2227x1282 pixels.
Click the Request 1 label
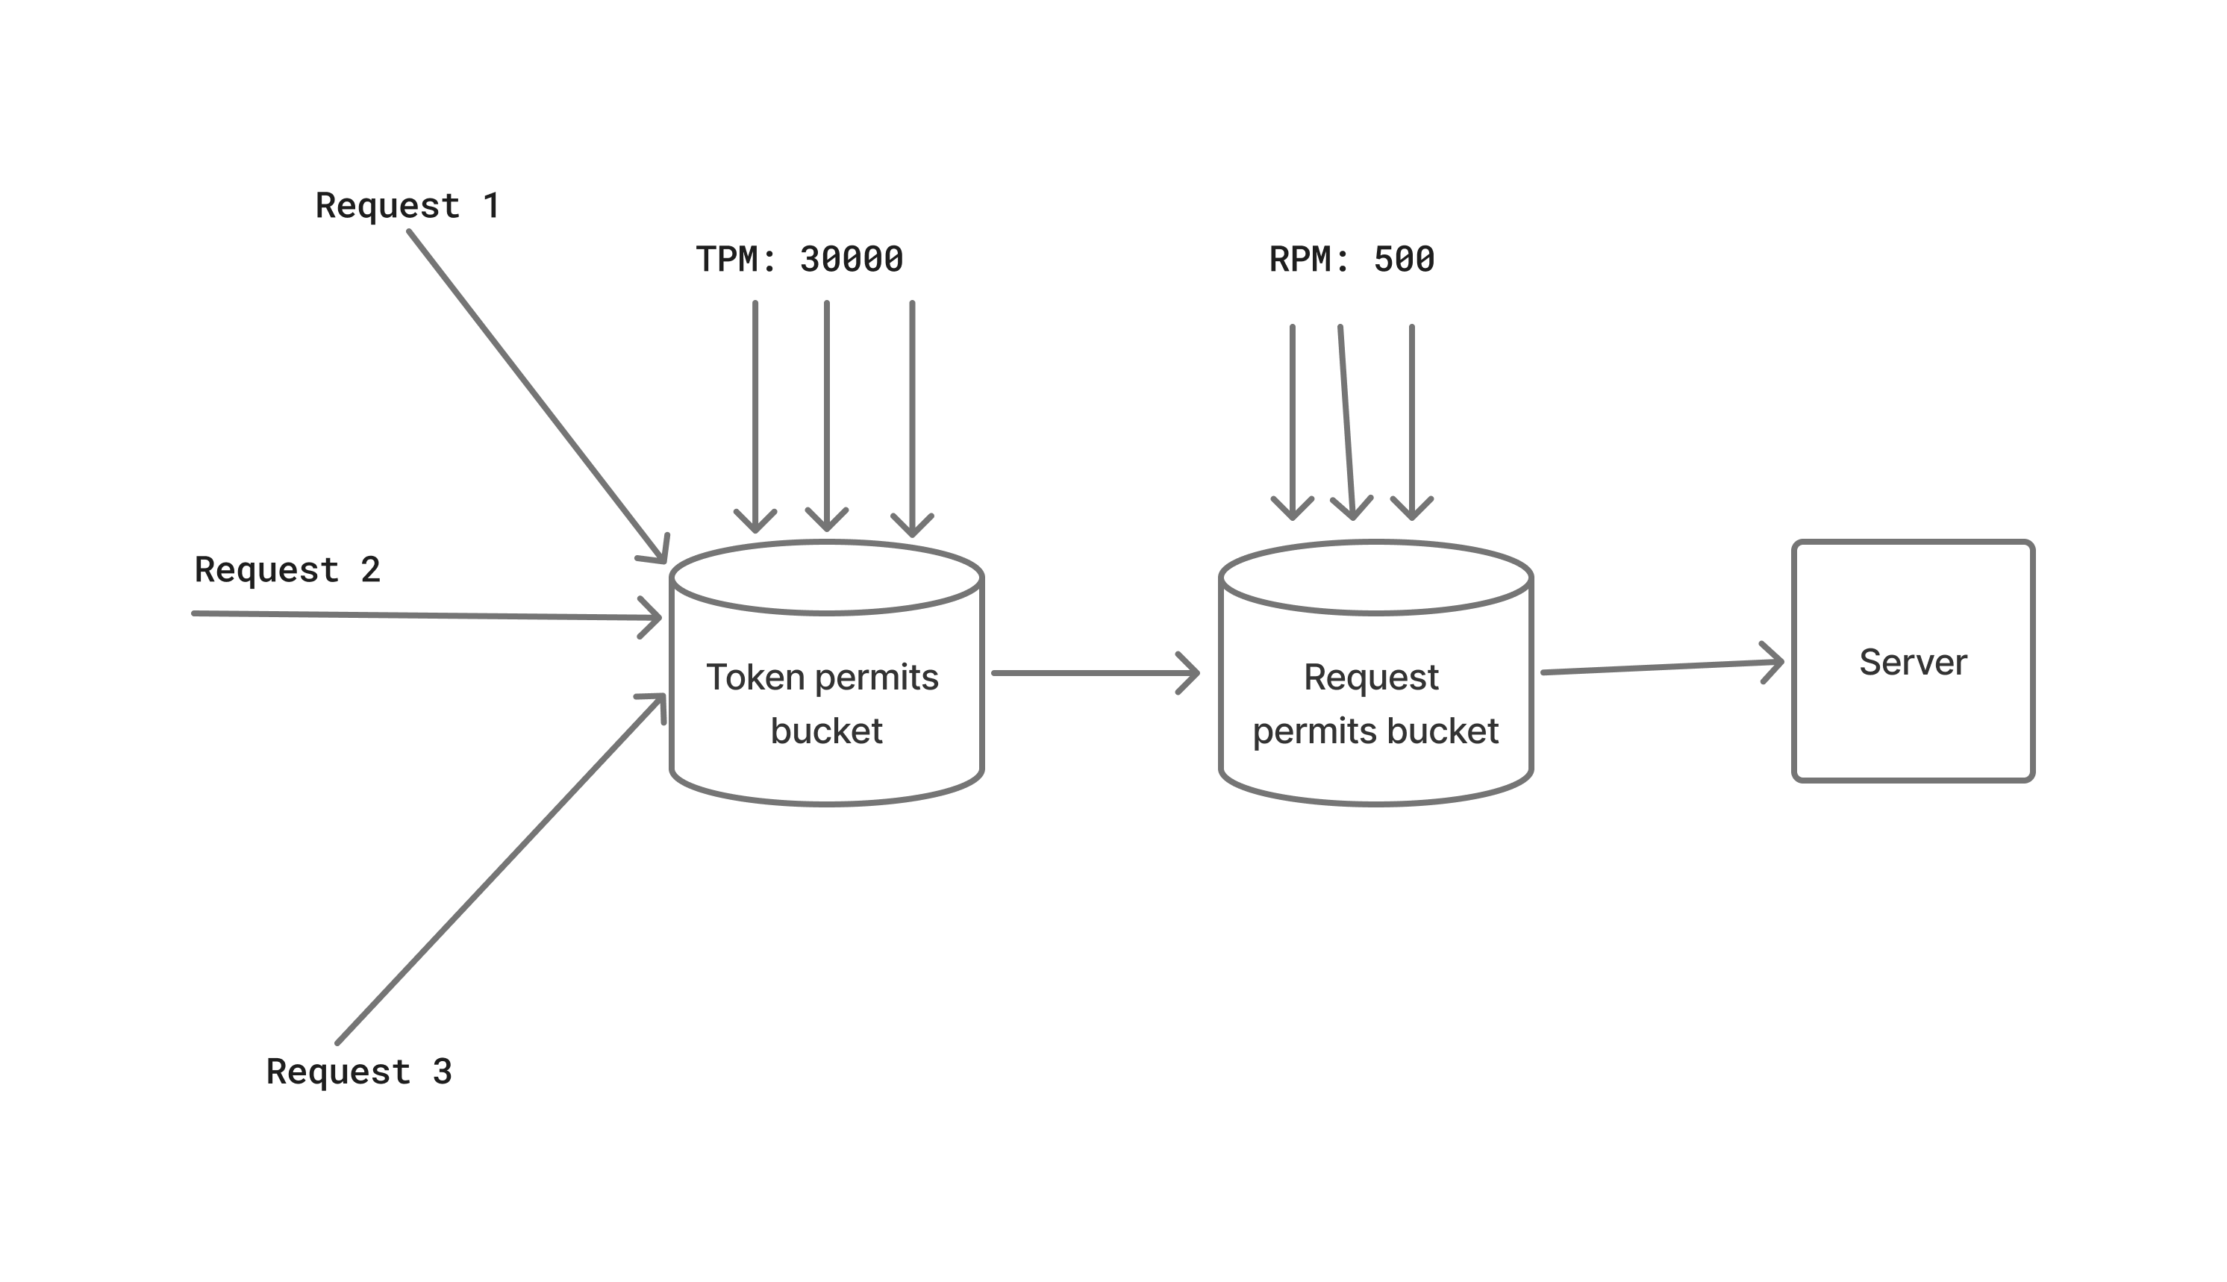(x=407, y=206)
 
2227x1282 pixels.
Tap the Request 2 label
(x=287, y=569)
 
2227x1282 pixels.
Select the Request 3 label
(x=358, y=1072)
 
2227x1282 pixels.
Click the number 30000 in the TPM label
(x=851, y=260)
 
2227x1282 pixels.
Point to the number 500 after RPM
(x=1404, y=260)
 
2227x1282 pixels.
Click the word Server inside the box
(x=1913, y=662)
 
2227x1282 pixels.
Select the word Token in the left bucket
(x=755, y=677)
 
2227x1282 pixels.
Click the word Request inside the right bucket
(x=1371, y=677)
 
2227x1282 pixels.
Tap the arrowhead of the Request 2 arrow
(x=653, y=617)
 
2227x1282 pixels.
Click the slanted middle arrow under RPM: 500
(x=1346, y=422)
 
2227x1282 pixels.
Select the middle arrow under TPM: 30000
(x=827, y=414)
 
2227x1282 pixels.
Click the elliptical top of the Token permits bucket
(x=826, y=578)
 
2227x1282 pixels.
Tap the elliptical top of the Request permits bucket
(x=1375, y=578)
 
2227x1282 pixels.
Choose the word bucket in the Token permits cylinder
(x=826, y=731)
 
